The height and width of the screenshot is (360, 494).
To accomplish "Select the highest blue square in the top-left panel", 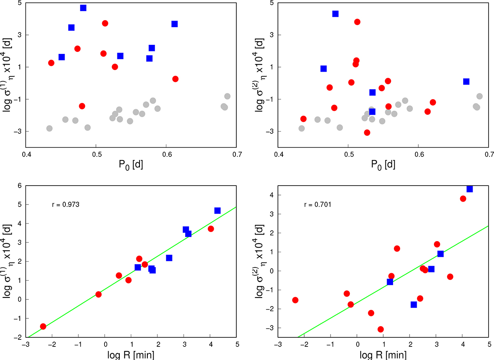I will tap(83, 8).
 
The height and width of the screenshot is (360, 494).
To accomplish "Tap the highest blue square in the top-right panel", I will tap(336, 14).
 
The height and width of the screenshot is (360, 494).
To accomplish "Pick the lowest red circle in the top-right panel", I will tap(367, 132).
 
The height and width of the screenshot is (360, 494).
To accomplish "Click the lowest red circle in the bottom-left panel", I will tap(43, 326).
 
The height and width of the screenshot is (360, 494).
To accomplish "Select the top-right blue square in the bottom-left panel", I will tap(217, 211).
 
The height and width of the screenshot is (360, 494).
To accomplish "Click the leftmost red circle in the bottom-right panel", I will tap(295, 300).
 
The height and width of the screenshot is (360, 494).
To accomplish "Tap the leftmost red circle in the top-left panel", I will tap(51, 63).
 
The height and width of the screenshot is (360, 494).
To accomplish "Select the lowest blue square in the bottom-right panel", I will tap(414, 304).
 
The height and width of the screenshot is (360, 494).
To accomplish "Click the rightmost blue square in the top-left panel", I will tap(175, 24).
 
